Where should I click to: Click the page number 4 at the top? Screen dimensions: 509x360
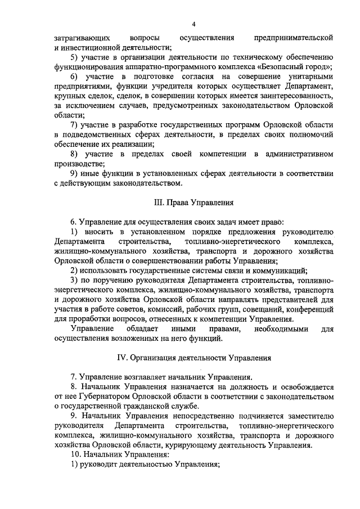(x=193, y=24)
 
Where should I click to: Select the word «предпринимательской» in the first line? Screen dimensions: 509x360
(x=294, y=38)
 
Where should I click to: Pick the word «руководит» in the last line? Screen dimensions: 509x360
(x=98, y=464)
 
